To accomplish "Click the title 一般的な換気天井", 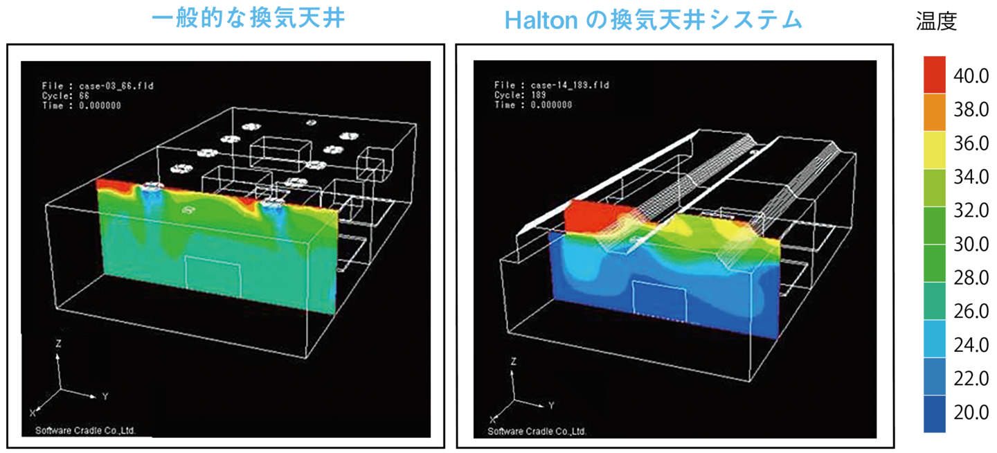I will pyautogui.click(x=248, y=19).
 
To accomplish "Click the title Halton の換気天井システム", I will pyautogui.click(x=653, y=21).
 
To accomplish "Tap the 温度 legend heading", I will pyautogui.click(x=936, y=22).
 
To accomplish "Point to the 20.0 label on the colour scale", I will pyautogui.click(x=971, y=413).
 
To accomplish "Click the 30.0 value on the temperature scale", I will pyautogui.click(x=971, y=245).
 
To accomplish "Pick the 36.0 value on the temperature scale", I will pyautogui.click(x=971, y=144).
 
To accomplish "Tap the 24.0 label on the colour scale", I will pyautogui.click(x=971, y=346).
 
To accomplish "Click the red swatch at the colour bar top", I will pyautogui.click(x=935, y=74).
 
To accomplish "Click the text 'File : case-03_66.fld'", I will pyautogui.click(x=88, y=86).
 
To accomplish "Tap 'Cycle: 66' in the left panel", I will pyautogui.click(x=65, y=96).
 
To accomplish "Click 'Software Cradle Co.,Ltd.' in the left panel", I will pyautogui.click(x=85, y=430).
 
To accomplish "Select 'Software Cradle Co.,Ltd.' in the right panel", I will pyautogui.click(x=537, y=431).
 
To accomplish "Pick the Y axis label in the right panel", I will pyautogui.click(x=551, y=404).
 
